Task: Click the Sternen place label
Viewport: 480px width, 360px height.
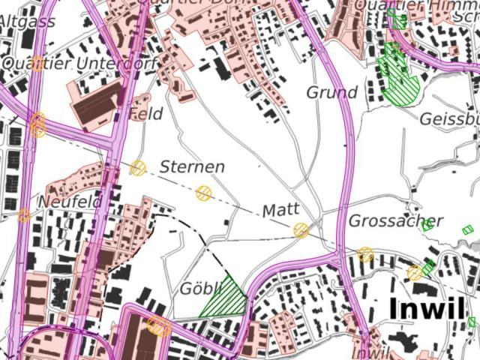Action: click(192, 166)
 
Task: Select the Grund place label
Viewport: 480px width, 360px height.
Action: click(331, 93)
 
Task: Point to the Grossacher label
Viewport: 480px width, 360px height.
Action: click(395, 221)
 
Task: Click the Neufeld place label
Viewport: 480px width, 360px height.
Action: click(69, 202)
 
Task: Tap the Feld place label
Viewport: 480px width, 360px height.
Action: click(145, 114)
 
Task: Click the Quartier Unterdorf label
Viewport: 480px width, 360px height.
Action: click(79, 64)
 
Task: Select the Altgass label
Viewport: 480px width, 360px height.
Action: click(27, 22)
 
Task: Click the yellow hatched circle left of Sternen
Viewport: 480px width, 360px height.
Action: click(138, 167)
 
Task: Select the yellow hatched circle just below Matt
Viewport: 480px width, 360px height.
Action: click(301, 230)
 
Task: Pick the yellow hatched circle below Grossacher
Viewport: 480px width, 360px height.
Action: click(365, 254)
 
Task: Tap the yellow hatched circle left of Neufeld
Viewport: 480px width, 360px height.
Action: click(24, 215)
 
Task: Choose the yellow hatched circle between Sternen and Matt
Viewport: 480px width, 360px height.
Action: click(203, 193)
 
